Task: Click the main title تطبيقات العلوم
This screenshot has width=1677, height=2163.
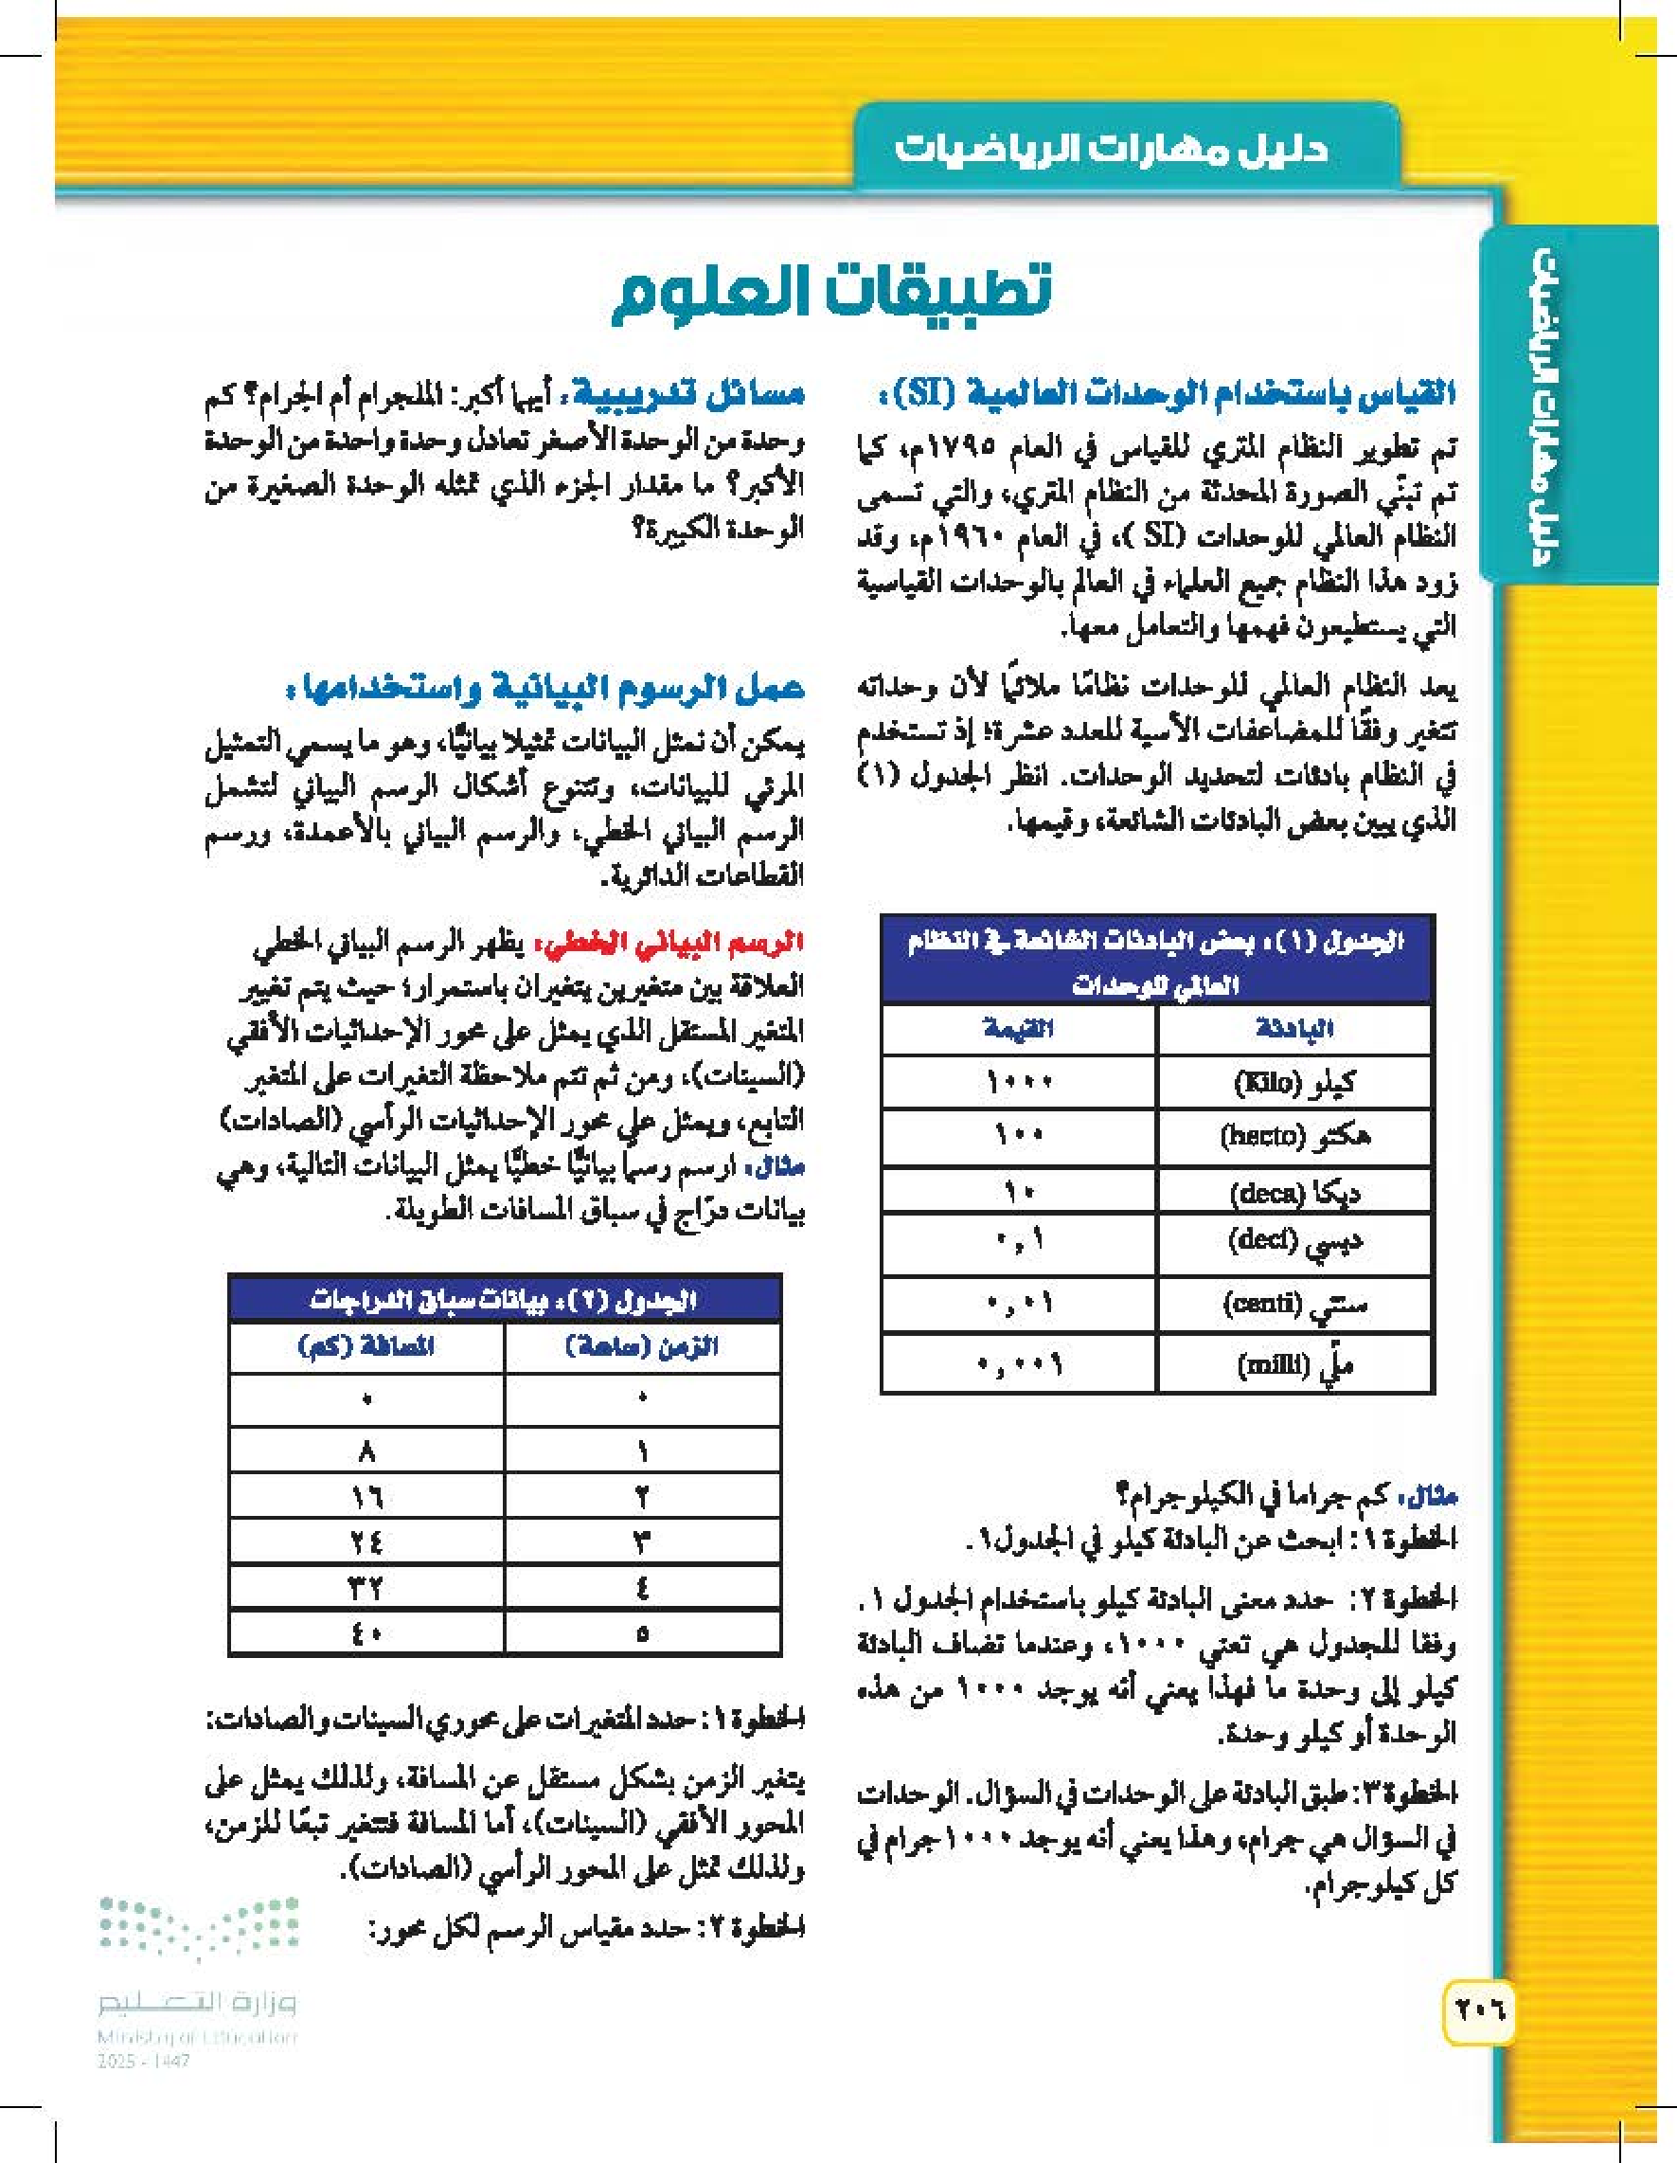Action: pos(830,290)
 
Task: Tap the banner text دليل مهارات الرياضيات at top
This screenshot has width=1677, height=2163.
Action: pos(1111,150)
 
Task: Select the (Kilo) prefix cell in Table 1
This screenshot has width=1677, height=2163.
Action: pos(1293,1083)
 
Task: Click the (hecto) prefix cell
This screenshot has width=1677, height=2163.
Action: pos(1293,1136)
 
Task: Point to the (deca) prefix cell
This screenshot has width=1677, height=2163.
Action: pos(1293,1193)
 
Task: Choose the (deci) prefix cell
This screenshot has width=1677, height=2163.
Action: pos(1293,1243)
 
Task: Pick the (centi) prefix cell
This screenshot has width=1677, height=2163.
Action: pos(1293,1305)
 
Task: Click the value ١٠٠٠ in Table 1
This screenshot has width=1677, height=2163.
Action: pos(1019,1083)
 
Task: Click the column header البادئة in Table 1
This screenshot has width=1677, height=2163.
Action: pos(1293,1029)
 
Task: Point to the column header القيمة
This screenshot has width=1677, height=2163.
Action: pos(1019,1029)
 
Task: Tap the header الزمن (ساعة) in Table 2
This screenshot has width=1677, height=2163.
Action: pos(641,1347)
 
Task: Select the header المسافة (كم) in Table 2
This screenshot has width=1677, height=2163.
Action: pos(366,1347)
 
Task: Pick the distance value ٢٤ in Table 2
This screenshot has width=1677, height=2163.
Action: pos(366,1542)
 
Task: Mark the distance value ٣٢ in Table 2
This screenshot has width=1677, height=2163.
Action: pos(366,1588)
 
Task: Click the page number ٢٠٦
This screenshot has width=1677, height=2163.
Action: pos(1479,2010)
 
